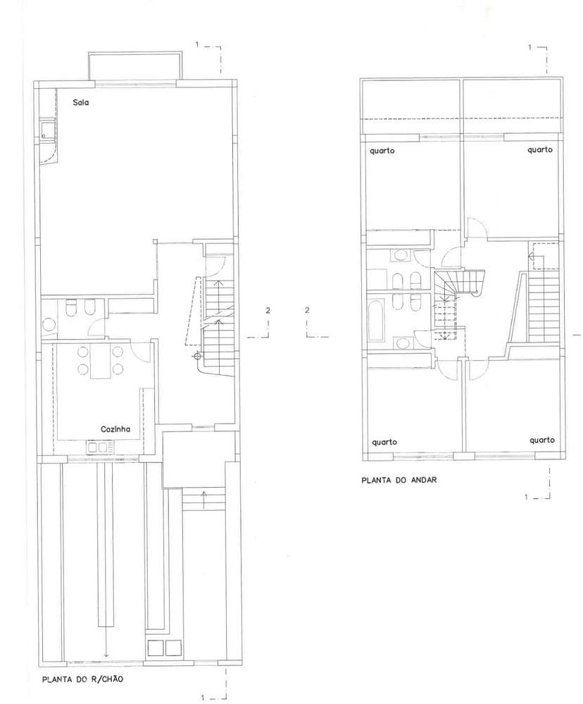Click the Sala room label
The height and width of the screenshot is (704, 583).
pyautogui.click(x=81, y=102)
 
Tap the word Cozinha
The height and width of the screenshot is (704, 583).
pyautogui.click(x=115, y=429)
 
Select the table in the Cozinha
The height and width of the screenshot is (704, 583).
pyautogui.click(x=99, y=362)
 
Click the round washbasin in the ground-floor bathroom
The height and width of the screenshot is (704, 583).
pyautogui.click(x=48, y=324)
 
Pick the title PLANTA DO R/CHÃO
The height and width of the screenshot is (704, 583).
pyautogui.click(x=82, y=679)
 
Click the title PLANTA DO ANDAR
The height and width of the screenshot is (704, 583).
pyautogui.click(x=399, y=480)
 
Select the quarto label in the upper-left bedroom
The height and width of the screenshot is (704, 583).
pyautogui.click(x=382, y=151)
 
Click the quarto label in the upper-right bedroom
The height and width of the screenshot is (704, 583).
pyautogui.click(x=540, y=150)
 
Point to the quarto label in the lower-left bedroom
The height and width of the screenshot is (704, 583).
pyautogui.click(x=384, y=443)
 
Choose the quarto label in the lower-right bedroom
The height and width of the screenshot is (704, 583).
pyautogui.click(x=542, y=440)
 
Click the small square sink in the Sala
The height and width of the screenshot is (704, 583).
pyautogui.click(x=46, y=130)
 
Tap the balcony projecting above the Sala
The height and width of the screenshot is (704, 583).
pyautogui.click(x=135, y=66)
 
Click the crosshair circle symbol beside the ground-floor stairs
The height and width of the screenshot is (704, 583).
pyautogui.click(x=196, y=357)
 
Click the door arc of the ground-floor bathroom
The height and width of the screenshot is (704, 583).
pyautogui.click(x=96, y=327)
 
